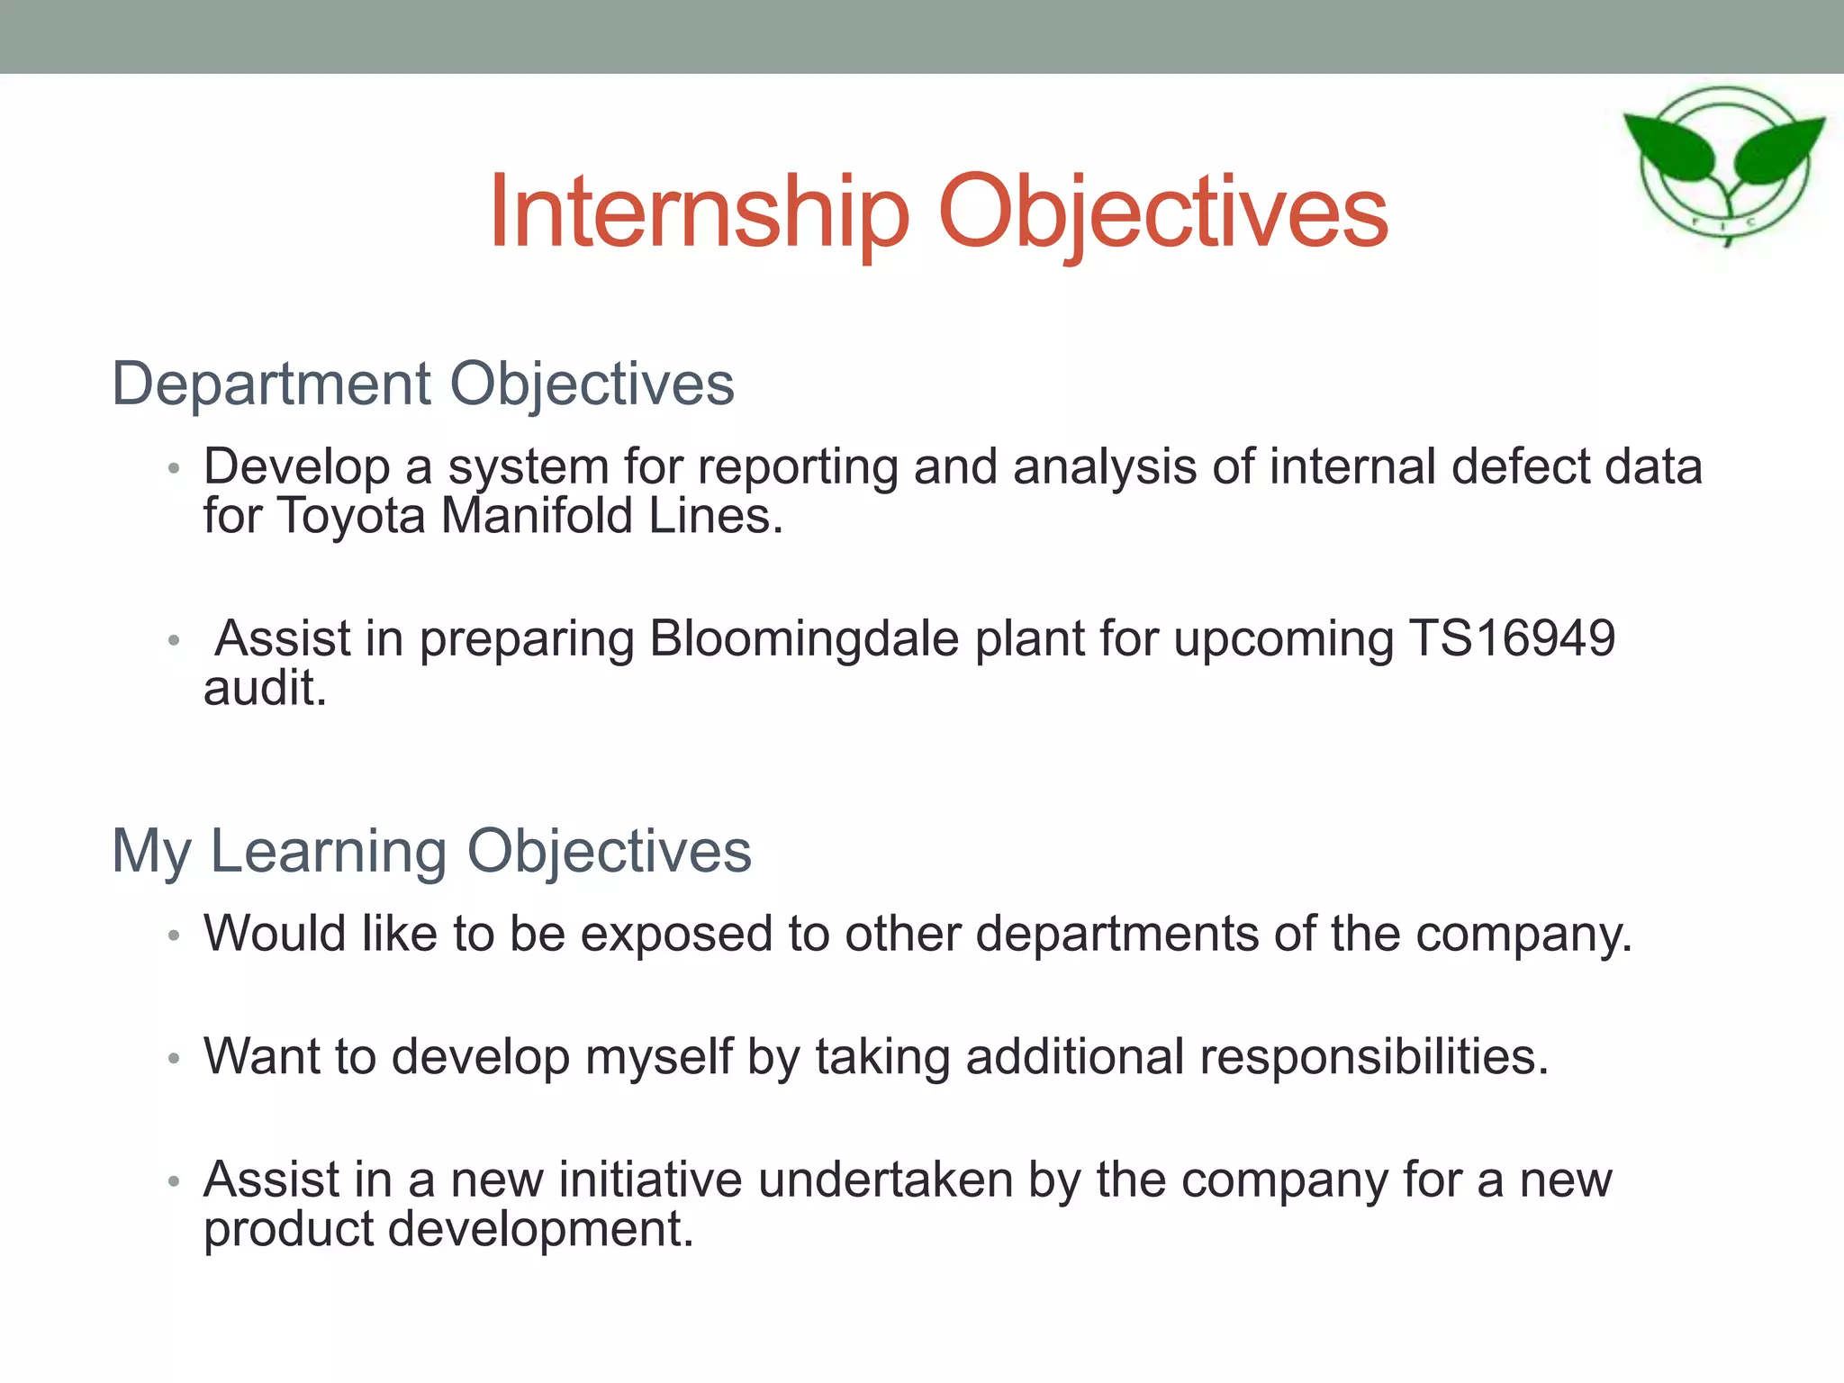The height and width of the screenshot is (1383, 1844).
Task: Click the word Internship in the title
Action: [x=698, y=212]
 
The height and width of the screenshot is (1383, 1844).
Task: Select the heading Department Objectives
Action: [x=422, y=384]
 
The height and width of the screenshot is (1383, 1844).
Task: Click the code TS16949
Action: [x=1512, y=638]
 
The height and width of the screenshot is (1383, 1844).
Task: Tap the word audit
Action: [x=264, y=689]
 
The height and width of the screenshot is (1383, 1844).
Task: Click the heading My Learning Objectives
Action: [x=431, y=850]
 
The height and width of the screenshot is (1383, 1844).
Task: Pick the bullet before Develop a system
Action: [x=174, y=468]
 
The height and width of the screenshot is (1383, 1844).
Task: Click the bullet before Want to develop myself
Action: [x=174, y=1058]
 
